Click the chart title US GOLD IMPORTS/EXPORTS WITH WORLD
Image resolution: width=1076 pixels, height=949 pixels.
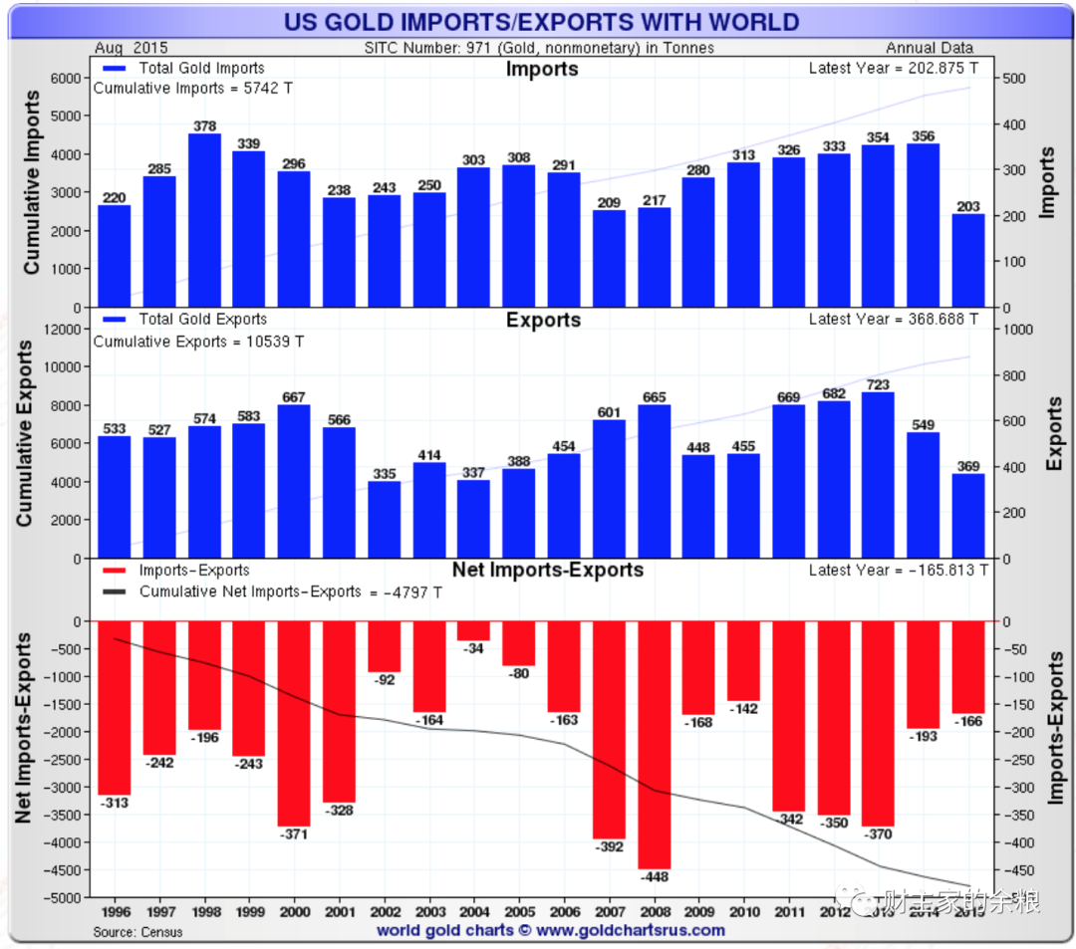[x=541, y=22]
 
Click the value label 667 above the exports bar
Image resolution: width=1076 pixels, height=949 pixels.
[x=294, y=395]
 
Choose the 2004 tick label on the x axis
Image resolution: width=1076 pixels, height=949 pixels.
[x=473, y=910]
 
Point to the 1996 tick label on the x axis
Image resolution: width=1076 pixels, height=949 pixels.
[x=115, y=910]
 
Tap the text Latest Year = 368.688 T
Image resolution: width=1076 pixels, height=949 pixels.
[x=894, y=320]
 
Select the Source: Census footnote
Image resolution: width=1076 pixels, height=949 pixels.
[x=138, y=932]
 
